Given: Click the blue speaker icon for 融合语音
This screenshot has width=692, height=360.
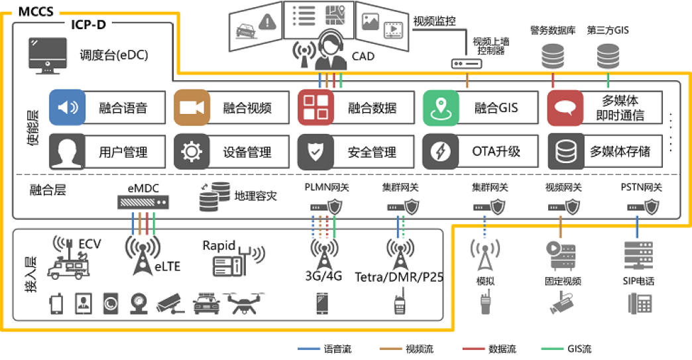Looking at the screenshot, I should click(x=67, y=108).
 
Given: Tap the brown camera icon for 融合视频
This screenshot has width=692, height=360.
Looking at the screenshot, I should click(x=192, y=108).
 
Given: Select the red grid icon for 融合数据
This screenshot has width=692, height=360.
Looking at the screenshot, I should click(x=316, y=108).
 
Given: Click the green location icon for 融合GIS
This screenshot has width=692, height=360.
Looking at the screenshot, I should click(x=441, y=108).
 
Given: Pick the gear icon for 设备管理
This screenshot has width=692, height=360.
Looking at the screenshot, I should click(x=192, y=152).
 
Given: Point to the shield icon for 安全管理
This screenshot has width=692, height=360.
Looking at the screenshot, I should click(x=316, y=152).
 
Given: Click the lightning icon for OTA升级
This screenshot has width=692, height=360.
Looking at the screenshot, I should click(x=441, y=152).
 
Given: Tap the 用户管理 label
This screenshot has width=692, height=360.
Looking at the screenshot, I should click(x=123, y=152).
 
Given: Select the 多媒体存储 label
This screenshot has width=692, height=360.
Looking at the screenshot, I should click(x=620, y=152).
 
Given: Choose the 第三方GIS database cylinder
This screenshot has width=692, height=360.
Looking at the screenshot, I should click(x=607, y=56).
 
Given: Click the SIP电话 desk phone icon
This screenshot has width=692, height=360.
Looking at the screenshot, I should click(x=639, y=303).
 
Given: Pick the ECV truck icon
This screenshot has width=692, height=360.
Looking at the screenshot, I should click(x=68, y=260).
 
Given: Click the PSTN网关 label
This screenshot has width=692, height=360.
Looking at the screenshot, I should click(x=641, y=188).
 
